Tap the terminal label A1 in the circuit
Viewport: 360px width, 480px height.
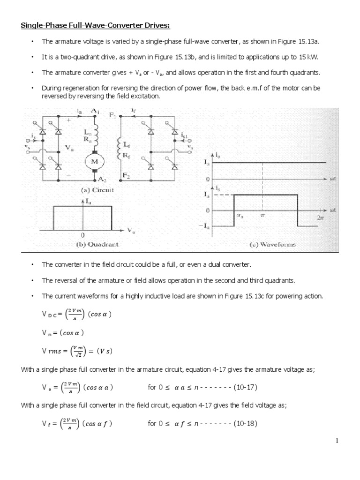pyautogui.click(x=97, y=111)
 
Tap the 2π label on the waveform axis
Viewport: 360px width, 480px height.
pyautogui.click(x=320, y=217)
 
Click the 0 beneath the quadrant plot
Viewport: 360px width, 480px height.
pyautogui.click(x=82, y=235)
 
